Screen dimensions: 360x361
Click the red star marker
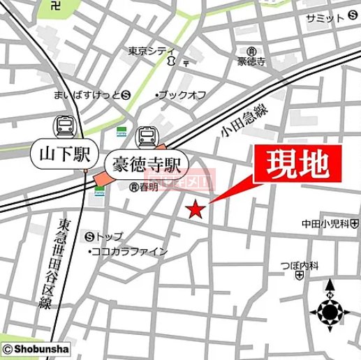(x=196, y=209)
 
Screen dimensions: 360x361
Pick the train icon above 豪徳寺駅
(x=148, y=135)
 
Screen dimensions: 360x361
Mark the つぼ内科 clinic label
(x=300, y=266)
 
